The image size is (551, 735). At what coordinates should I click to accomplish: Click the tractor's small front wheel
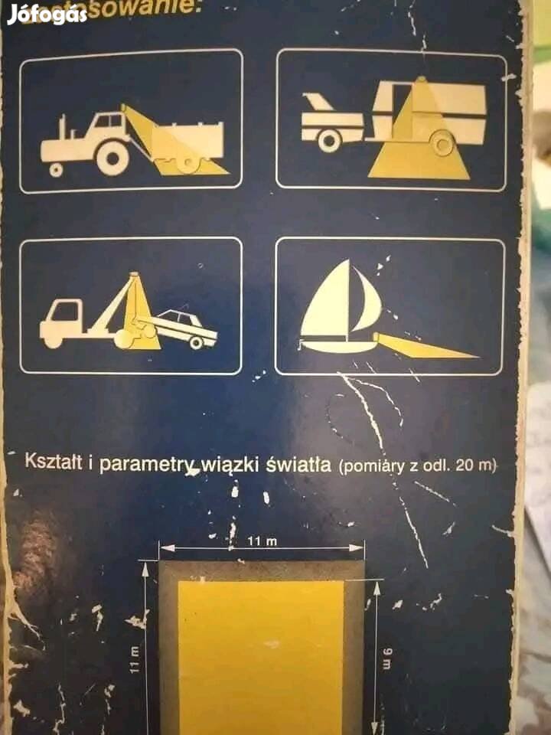click(56, 169)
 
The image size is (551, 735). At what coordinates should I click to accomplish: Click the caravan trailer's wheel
click(442, 142)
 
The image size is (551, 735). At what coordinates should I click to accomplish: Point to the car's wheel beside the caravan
click(329, 140)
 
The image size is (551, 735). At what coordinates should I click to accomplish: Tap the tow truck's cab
click(65, 313)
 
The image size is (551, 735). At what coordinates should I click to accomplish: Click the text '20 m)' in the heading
click(476, 465)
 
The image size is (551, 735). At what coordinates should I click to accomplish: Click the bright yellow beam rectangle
click(260, 651)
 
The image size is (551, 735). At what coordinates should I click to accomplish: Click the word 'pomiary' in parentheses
click(370, 465)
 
